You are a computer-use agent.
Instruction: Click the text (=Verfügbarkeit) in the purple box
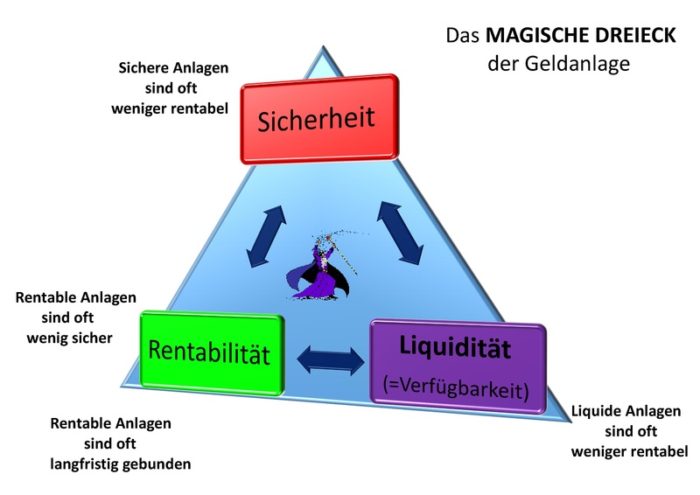(x=456, y=385)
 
